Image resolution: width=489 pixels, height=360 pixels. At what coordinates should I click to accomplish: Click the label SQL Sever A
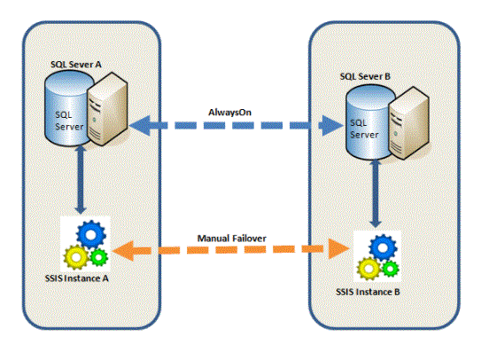click(x=76, y=65)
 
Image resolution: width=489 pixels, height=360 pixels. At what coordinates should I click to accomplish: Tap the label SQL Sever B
click(x=365, y=76)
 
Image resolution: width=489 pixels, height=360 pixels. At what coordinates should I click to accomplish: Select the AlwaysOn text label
click(x=229, y=113)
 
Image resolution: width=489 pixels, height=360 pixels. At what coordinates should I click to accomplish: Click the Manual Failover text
click(x=232, y=239)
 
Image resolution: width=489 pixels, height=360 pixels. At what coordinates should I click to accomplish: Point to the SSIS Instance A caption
click(x=77, y=278)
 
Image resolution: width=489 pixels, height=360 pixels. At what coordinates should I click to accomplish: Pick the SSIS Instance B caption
click(x=368, y=292)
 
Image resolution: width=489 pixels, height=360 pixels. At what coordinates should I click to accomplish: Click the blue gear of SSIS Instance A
click(x=91, y=234)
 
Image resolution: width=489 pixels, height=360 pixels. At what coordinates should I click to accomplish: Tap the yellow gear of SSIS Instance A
click(x=76, y=257)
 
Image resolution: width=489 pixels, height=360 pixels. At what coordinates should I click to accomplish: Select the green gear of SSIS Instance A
click(x=99, y=257)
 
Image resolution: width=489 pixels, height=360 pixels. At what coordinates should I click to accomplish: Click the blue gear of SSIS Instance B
click(x=383, y=248)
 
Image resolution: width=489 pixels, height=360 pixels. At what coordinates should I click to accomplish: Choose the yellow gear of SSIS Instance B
click(x=369, y=269)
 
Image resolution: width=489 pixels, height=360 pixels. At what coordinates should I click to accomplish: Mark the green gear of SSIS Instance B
click(x=390, y=269)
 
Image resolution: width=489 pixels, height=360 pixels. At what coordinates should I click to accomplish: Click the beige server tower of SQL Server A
click(x=107, y=109)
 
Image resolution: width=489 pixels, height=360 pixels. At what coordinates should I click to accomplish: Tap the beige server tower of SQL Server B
click(x=409, y=123)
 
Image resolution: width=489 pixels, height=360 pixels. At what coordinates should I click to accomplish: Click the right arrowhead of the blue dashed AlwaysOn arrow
click(x=332, y=126)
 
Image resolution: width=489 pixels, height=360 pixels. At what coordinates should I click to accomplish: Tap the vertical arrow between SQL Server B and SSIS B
click(x=376, y=193)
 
